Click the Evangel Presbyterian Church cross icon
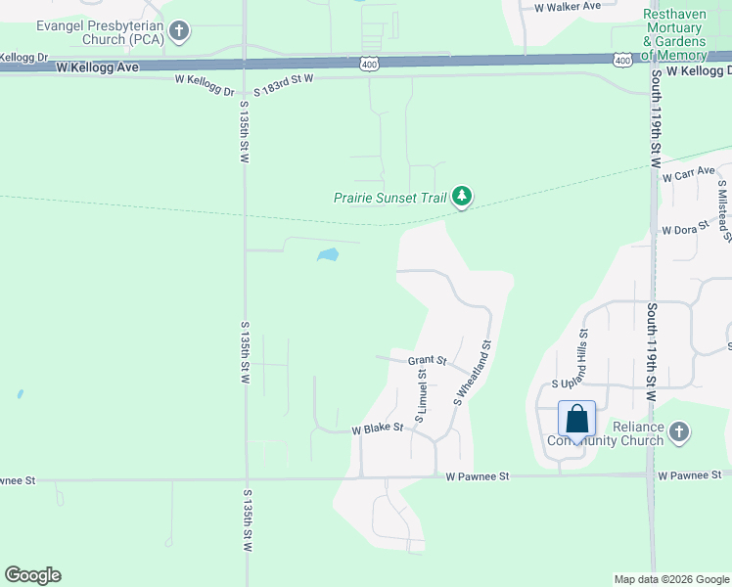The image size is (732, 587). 178,31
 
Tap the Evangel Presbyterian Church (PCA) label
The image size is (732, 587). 86,31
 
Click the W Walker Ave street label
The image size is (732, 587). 568,6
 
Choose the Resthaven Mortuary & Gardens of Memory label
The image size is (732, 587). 674,35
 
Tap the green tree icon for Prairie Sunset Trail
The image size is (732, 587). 462,198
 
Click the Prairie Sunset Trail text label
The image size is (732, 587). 389,198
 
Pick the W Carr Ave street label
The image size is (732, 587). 689,178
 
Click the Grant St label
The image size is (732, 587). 427,360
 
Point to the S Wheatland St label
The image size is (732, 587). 471,373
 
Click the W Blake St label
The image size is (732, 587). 378,429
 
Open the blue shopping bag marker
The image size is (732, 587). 577,419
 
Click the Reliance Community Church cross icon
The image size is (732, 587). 679,430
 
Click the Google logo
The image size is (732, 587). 32,575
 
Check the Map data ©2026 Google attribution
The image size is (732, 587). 670,579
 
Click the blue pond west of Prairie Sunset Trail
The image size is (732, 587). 328,256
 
